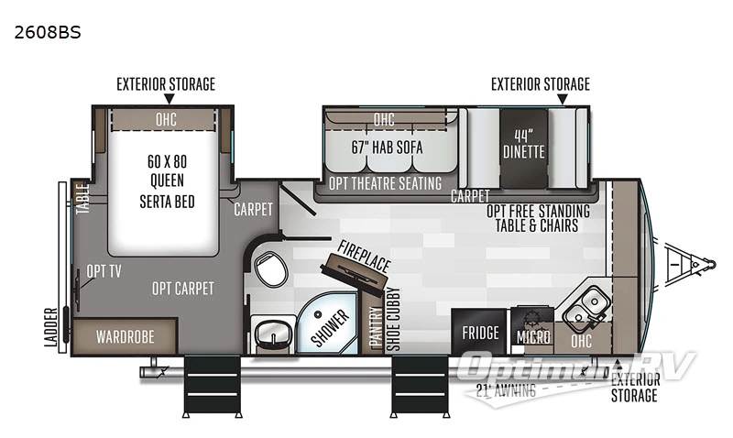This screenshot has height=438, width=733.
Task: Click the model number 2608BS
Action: coord(48,33)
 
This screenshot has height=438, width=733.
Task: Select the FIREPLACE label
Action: coord(364,254)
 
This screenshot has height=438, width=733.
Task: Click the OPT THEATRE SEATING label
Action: coord(385,183)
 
